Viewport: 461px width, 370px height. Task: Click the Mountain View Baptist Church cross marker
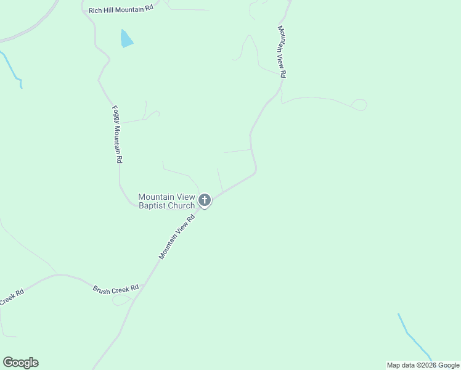tap(205, 200)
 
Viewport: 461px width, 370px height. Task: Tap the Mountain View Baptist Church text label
tap(166, 201)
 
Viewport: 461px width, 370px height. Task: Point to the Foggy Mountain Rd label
tap(116, 134)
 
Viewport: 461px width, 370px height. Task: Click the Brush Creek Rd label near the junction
tap(116, 289)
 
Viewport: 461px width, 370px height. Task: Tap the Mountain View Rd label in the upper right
tap(282, 51)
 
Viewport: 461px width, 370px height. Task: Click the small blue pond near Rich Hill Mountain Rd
tap(126, 39)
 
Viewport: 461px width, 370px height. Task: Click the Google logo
tap(20, 363)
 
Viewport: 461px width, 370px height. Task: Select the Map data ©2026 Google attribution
tap(423, 365)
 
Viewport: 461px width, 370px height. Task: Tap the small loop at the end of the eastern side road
tap(359, 105)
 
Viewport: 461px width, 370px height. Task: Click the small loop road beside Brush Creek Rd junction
tap(121, 300)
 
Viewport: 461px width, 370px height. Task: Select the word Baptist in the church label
tap(153, 205)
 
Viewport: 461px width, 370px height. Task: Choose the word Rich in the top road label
tap(96, 10)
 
